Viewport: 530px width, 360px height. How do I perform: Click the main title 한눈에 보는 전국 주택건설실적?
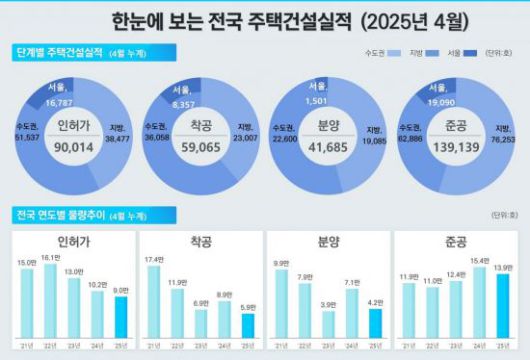click(x=264, y=20)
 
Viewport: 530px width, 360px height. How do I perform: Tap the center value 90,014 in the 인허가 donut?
click(x=73, y=146)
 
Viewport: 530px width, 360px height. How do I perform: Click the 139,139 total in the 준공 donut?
click(x=458, y=146)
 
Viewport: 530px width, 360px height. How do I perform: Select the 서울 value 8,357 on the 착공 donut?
click(x=182, y=101)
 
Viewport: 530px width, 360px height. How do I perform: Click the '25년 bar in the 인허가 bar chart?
click(x=120, y=319)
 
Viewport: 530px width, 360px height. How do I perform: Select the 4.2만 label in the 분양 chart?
click(x=374, y=304)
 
